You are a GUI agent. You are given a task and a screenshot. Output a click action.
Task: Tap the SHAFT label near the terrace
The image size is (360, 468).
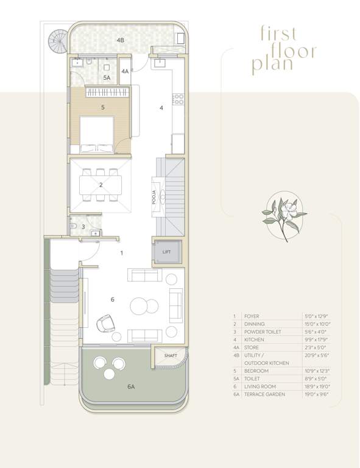click(x=171, y=355)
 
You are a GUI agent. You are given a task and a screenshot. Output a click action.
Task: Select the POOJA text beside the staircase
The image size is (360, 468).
click(x=154, y=198)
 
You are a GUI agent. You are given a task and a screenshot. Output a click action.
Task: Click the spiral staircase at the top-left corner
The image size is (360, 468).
click(x=58, y=41)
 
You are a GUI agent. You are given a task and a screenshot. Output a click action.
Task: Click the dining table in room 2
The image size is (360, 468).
click(x=101, y=185)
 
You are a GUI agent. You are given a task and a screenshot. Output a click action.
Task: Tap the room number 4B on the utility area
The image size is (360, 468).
click(x=121, y=40)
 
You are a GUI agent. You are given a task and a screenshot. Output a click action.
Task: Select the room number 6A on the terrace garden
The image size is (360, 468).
click(x=130, y=386)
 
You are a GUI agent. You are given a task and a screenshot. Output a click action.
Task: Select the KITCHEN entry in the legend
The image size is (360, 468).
click(x=254, y=339)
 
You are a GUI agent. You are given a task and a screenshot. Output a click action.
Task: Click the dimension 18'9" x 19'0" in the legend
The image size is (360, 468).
click(x=316, y=386)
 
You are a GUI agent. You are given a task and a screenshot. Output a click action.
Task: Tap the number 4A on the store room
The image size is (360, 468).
click(x=125, y=71)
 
